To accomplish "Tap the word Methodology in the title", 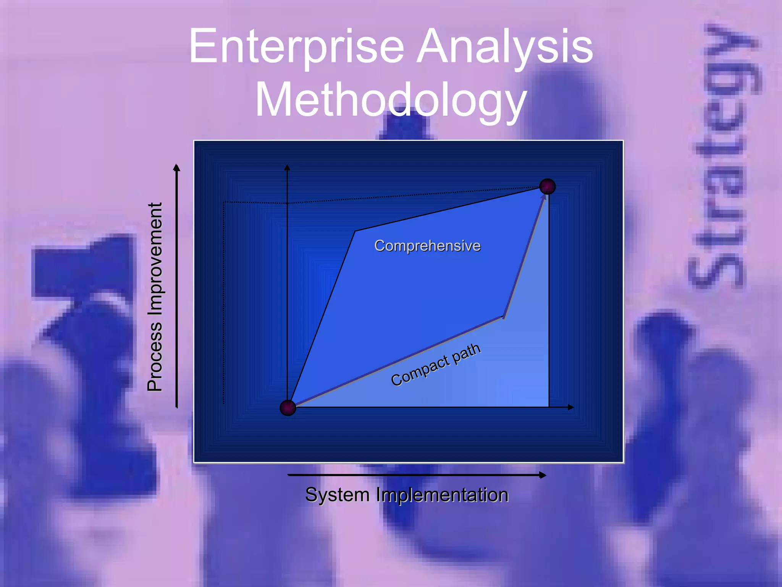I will (391, 100).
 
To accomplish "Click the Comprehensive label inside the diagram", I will (427, 246).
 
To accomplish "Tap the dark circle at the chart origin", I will (288, 408).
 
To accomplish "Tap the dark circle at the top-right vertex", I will (548, 186).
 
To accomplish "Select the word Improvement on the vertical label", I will (155, 260).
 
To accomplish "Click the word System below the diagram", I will (337, 495).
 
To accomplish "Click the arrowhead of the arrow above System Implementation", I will (543, 475).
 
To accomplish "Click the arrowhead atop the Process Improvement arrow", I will (176, 167).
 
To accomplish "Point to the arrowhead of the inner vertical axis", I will (287, 167).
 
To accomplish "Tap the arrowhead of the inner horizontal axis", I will (571, 407).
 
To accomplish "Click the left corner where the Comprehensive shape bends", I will (355, 231).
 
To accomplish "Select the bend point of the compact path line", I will (503, 317).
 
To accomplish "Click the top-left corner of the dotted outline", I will (224, 202).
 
